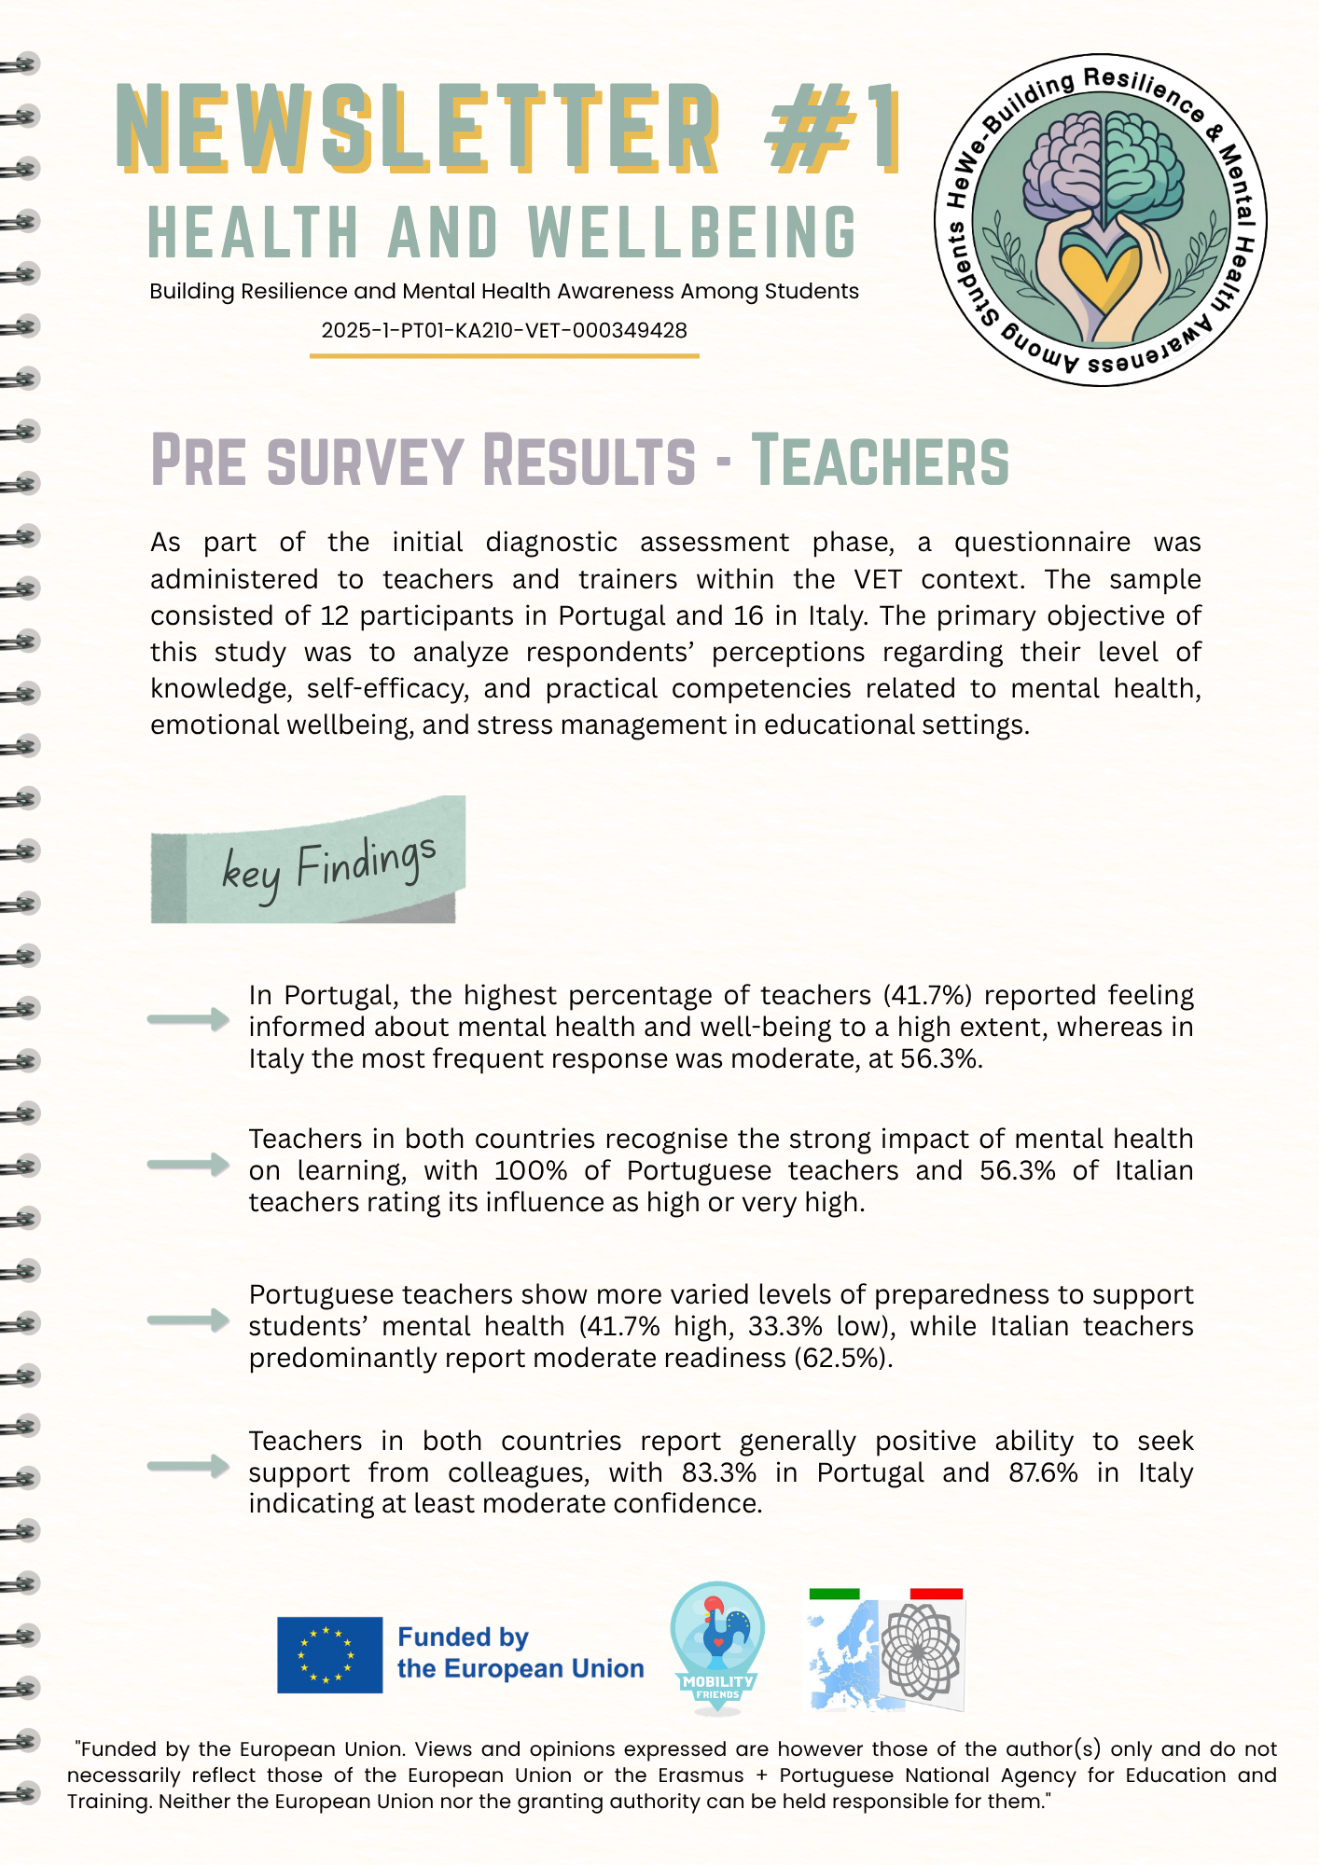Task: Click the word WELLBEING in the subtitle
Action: click(691, 232)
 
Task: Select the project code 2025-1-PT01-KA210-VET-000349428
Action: click(504, 330)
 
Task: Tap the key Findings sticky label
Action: click(308, 861)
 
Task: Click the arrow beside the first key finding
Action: click(188, 1019)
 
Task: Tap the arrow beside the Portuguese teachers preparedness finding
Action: click(188, 1319)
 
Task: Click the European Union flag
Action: click(329, 1654)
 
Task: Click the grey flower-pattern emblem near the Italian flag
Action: click(920, 1651)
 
